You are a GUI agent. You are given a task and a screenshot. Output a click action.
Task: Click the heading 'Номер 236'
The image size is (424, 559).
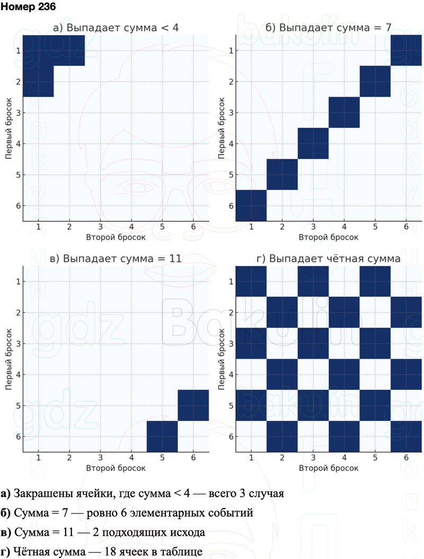(x=28, y=7)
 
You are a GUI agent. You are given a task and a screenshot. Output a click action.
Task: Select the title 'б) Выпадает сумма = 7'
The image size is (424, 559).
(x=328, y=28)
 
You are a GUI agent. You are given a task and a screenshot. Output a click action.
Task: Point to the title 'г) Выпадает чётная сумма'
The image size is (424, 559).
(x=328, y=259)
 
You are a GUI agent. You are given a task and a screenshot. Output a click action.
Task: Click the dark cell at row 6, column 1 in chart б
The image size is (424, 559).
(x=251, y=205)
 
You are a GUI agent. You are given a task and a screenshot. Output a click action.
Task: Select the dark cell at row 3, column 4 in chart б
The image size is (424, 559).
(x=344, y=113)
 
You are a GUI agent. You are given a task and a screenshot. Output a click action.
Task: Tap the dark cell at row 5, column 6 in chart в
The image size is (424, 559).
(x=193, y=406)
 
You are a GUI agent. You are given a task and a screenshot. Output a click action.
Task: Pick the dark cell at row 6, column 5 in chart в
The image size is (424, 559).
(x=162, y=436)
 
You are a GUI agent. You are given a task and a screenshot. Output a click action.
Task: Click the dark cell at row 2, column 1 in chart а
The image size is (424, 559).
(x=38, y=82)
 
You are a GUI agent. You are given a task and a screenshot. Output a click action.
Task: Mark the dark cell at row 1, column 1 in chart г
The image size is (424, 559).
(x=251, y=281)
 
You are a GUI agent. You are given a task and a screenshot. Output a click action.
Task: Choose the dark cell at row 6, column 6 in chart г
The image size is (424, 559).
(x=406, y=436)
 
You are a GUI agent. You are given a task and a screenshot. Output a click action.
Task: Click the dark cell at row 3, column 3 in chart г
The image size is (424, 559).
(x=313, y=343)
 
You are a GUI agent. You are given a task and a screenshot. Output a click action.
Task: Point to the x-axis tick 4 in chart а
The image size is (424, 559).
(x=131, y=227)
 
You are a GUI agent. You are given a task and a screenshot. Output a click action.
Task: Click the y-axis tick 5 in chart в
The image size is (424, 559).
(x=18, y=406)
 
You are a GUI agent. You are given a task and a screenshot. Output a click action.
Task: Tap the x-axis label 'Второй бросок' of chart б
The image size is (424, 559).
(x=328, y=237)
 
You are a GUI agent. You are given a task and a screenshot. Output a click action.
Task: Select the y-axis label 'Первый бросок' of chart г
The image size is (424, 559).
(x=219, y=359)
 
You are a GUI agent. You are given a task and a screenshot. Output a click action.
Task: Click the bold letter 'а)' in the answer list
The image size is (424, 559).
(x=6, y=494)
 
